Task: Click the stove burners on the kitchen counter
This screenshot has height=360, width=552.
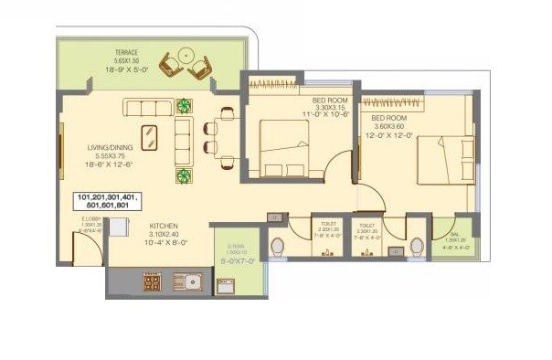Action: tap(152, 282)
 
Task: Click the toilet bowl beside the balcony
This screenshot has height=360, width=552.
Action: tap(416, 247)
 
